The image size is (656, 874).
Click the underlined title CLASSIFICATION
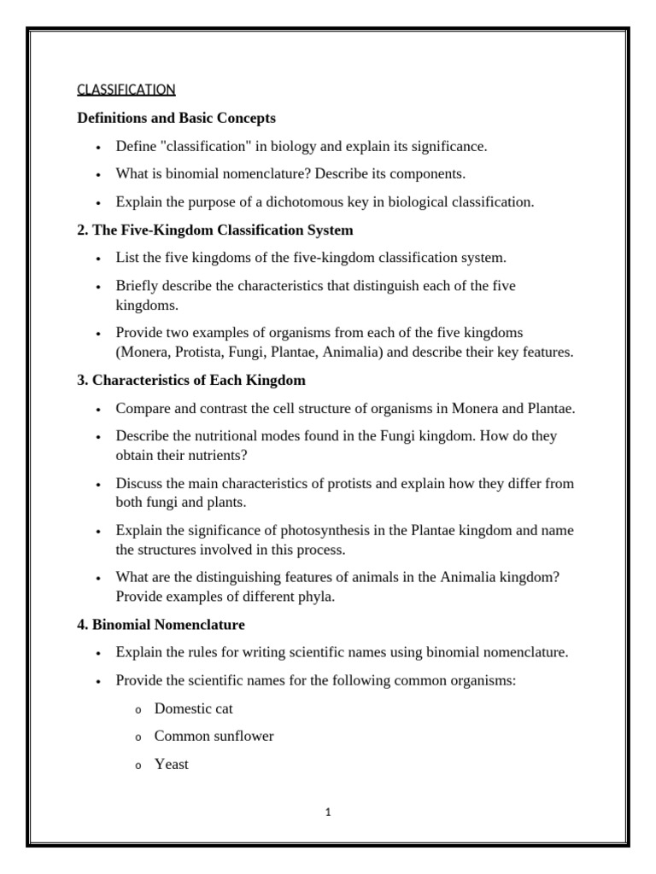click(126, 89)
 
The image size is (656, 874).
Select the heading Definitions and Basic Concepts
click(176, 118)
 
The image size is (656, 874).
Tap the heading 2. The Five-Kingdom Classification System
click(214, 230)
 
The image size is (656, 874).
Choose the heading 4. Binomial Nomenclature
click(161, 625)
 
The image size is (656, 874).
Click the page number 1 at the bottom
click(328, 813)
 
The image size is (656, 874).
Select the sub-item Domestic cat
click(193, 708)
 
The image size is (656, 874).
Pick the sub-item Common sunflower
click(214, 736)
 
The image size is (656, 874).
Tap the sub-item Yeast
click(171, 764)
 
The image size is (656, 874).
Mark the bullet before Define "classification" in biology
click(98, 148)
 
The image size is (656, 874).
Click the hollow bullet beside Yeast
click(137, 766)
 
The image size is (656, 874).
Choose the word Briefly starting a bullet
click(138, 285)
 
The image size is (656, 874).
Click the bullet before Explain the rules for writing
click(98, 654)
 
